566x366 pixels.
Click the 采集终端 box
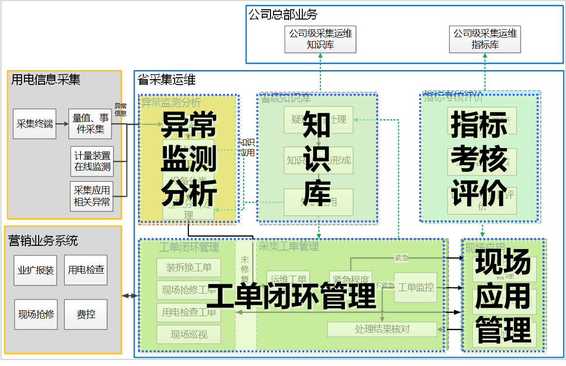[x=34, y=124]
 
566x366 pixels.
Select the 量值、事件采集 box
[x=90, y=124]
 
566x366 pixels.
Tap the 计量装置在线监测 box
[x=91, y=161]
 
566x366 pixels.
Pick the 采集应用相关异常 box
[x=91, y=196]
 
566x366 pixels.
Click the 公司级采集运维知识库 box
[x=320, y=40]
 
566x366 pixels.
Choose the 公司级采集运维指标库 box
[x=485, y=40]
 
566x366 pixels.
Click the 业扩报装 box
[x=35, y=270]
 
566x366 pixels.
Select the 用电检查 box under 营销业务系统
[x=86, y=270]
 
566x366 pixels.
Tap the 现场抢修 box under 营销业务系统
[x=36, y=314]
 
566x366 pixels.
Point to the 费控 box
[x=86, y=314]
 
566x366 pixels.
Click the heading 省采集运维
[x=166, y=80]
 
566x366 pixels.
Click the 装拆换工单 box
[x=188, y=268]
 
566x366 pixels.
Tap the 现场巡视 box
[x=188, y=335]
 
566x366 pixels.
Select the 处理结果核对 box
[x=382, y=329]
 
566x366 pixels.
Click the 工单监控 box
[x=415, y=287]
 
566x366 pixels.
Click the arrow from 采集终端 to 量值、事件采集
[x=62, y=124]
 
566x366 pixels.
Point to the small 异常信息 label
[x=120, y=109]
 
